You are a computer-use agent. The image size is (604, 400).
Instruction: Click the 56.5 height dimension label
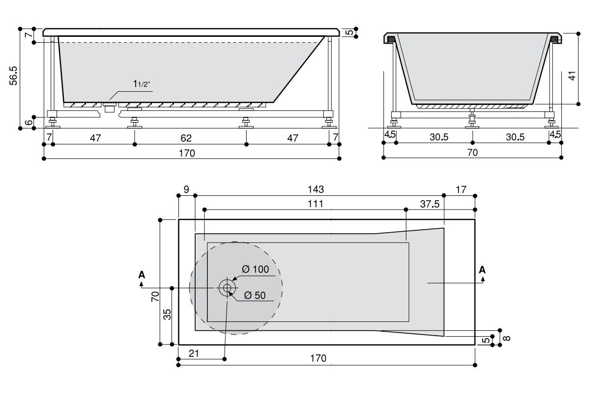13,76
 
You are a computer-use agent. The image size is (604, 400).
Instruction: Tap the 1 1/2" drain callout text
141,84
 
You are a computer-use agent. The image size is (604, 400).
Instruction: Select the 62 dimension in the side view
186,138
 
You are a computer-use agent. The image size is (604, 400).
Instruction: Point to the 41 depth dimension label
572,76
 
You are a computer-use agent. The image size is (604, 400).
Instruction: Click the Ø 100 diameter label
256,269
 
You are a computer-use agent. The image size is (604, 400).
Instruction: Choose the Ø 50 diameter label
255,295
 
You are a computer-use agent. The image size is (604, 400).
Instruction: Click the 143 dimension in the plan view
316,189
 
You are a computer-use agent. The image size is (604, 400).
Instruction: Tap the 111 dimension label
316,204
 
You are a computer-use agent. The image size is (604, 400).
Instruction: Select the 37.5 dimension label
430,204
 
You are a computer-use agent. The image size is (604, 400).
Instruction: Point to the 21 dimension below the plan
194,353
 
